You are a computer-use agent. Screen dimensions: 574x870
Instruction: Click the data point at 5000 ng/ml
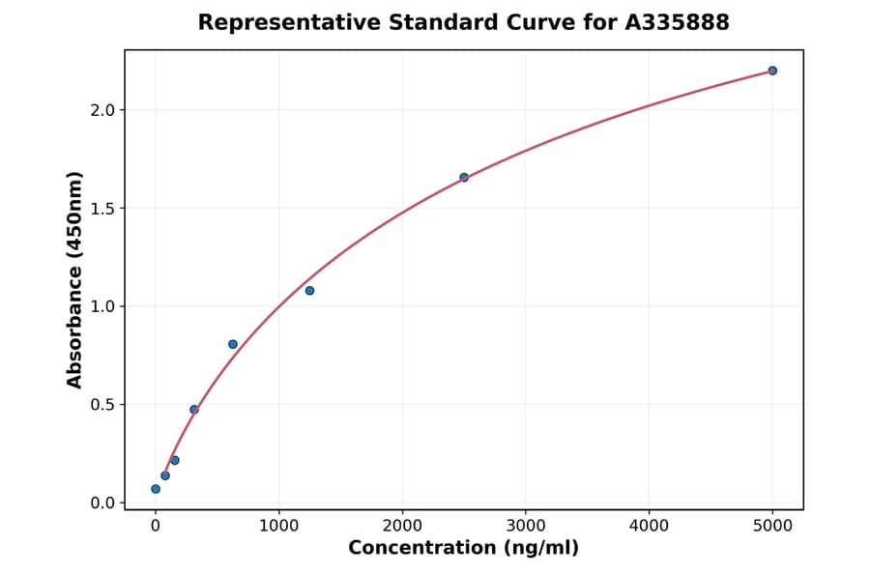coord(772,71)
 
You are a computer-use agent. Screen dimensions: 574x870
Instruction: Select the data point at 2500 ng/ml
coord(464,177)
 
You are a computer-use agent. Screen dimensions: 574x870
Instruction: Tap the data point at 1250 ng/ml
coord(309,291)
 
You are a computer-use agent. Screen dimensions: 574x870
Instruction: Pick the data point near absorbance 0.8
coord(233,344)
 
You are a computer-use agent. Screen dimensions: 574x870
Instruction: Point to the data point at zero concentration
coord(156,489)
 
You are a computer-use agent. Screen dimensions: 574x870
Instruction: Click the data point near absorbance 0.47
coord(194,410)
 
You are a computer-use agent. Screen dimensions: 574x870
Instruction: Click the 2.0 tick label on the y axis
coord(102,110)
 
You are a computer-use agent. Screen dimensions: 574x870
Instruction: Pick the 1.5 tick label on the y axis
coord(102,209)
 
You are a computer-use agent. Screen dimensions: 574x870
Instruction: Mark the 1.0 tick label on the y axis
coord(102,306)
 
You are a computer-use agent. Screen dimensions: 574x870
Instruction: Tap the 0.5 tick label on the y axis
coord(102,405)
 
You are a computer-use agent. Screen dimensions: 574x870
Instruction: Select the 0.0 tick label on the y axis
coord(102,502)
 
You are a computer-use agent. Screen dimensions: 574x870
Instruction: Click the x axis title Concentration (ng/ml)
coord(463,549)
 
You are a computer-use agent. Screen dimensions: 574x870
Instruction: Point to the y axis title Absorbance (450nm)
coord(75,279)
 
